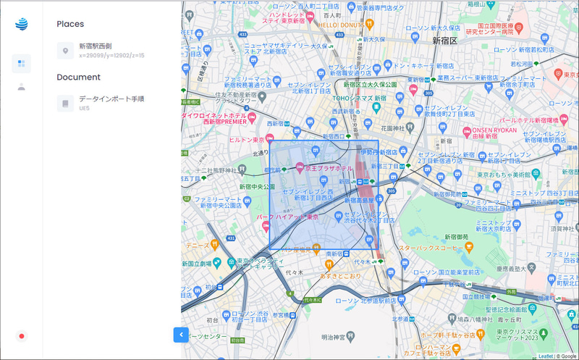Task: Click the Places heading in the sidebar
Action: [70, 24]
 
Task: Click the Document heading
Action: [78, 77]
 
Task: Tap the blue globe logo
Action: [21, 24]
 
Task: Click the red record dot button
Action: [22, 336]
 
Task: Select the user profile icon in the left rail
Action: [21, 87]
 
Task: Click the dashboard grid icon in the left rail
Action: [21, 64]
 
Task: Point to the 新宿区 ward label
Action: [444, 41]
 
